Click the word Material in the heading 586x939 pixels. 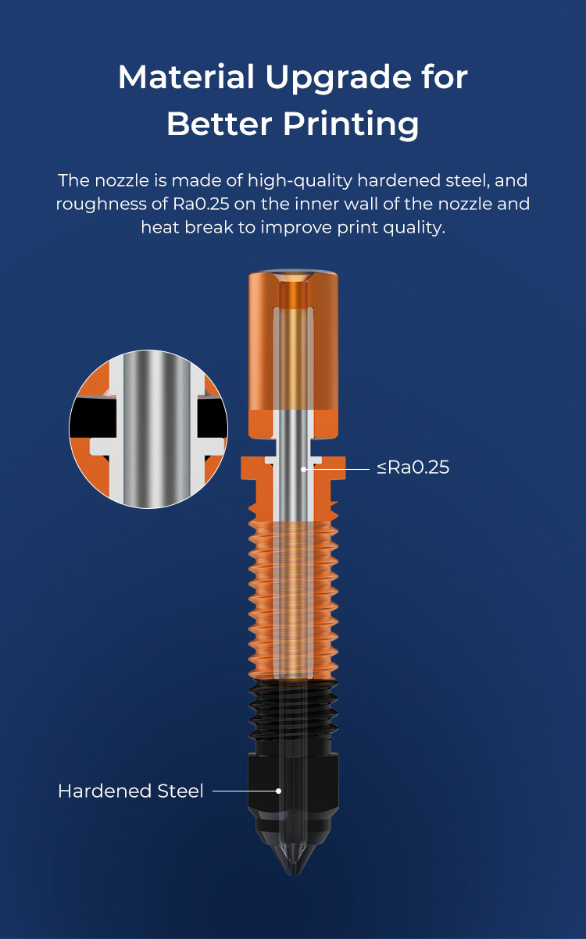click(186, 77)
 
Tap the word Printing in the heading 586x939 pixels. click(351, 125)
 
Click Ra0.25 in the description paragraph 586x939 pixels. click(201, 204)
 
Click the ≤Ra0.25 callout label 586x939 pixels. click(413, 468)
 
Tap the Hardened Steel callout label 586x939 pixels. click(130, 791)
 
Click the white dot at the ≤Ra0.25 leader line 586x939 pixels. click(303, 470)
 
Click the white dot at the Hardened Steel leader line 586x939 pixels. click(278, 791)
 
